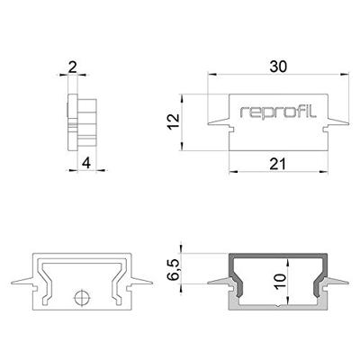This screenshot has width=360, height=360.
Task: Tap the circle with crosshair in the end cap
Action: click(x=82, y=296)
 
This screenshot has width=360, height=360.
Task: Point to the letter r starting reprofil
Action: click(x=243, y=112)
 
